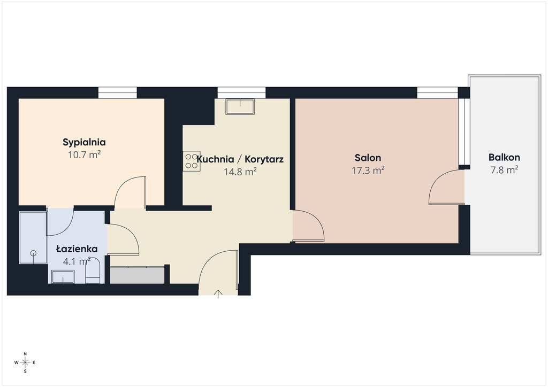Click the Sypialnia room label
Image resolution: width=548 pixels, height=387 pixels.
[x=84, y=142]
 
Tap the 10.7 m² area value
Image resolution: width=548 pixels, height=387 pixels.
[x=84, y=154]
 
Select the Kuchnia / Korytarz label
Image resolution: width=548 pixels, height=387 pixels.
[x=240, y=159]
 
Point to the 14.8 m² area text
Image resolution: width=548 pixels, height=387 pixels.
[x=240, y=172]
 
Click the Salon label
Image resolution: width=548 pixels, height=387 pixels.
[x=368, y=158]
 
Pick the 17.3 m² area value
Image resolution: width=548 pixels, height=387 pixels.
[x=368, y=171]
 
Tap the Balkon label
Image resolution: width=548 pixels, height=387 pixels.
[x=504, y=157]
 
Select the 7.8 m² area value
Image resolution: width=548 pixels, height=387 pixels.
[x=504, y=170]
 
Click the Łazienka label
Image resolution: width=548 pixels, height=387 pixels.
[x=77, y=249]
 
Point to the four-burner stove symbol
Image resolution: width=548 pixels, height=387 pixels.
[x=192, y=161]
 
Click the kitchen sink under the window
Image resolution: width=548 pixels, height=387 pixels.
[x=240, y=106]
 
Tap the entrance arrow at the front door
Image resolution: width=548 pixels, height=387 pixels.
[x=218, y=294]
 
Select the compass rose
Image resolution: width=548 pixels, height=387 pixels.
[x=25, y=362]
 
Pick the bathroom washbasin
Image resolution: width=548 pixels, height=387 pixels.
[x=63, y=277]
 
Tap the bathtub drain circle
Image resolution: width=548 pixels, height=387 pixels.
[x=34, y=253]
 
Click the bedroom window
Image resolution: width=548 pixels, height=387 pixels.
[x=117, y=93]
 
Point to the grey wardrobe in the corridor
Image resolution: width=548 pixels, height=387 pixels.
[x=138, y=275]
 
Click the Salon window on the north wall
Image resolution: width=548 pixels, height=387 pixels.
[x=437, y=93]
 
